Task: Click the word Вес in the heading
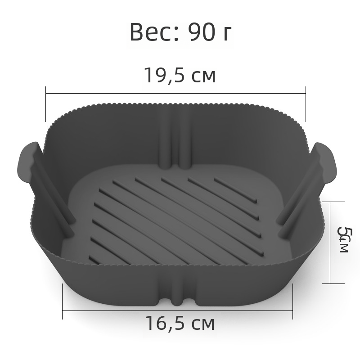152,32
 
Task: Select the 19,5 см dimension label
180,75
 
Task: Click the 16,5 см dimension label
180,323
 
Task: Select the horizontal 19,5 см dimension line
175,94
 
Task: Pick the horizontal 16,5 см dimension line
177,311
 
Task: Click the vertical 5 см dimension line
330,243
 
